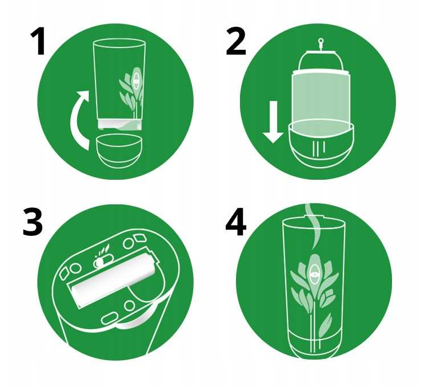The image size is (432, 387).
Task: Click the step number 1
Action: click(x=38, y=42)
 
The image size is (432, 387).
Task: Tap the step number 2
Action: click(x=235, y=42)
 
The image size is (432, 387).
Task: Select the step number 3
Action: click(x=33, y=222)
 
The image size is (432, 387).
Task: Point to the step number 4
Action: click(x=235, y=222)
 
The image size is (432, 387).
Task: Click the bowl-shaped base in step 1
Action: click(x=119, y=151)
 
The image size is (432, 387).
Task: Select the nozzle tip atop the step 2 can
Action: click(x=321, y=42)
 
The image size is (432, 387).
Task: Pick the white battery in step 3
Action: click(x=113, y=279)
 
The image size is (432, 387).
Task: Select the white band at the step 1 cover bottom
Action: click(x=120, y=124)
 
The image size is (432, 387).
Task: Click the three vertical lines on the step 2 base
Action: click(x=318, y=148)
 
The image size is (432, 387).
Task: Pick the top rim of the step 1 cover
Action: click(x=119, y=44)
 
